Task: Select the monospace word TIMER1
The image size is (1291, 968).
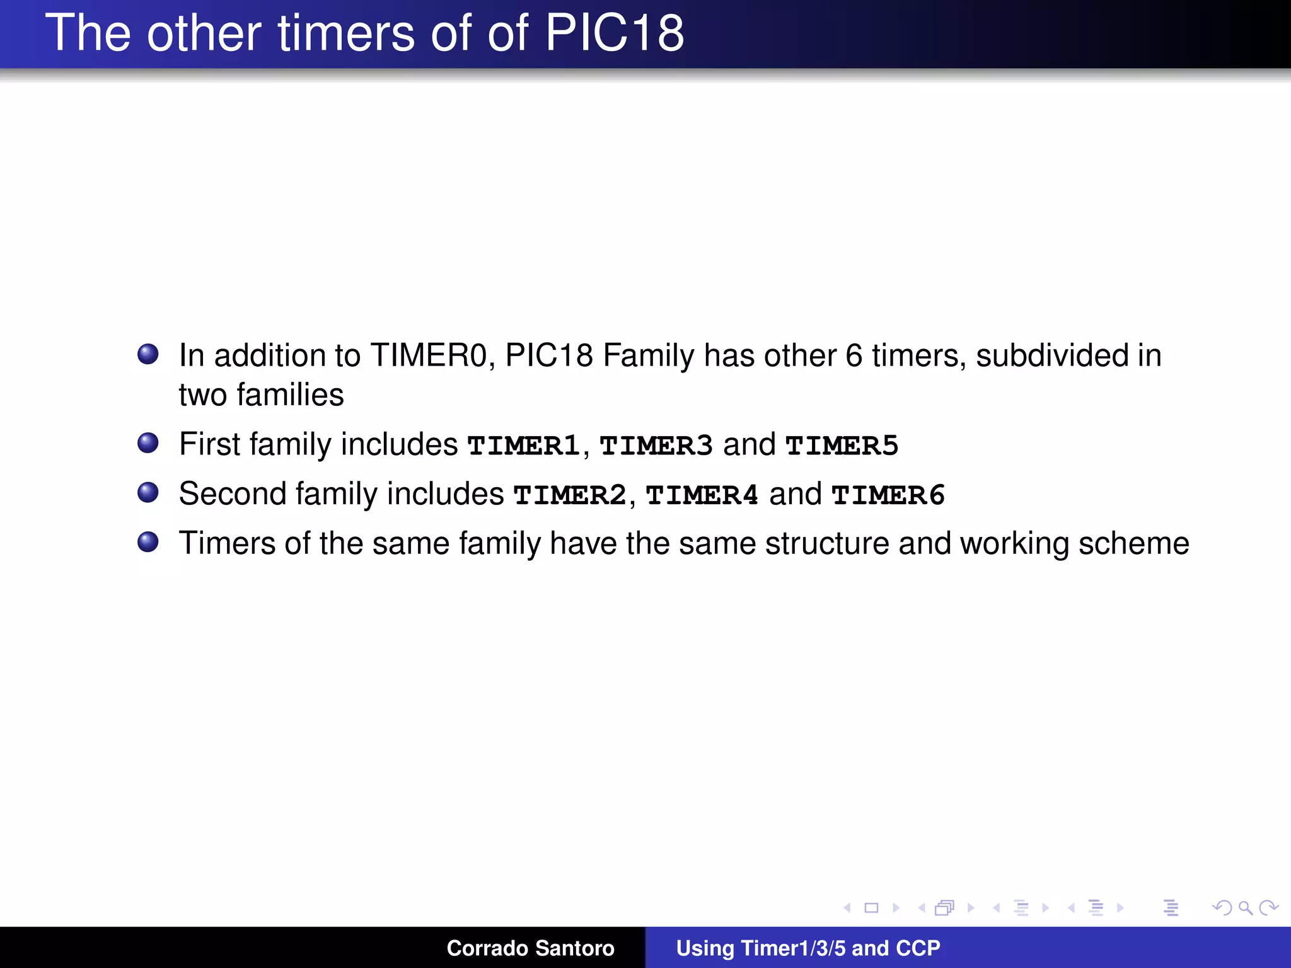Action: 523,446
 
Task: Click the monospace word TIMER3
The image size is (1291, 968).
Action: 656,446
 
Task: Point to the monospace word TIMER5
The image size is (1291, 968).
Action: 842,446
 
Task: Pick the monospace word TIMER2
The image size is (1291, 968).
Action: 570,495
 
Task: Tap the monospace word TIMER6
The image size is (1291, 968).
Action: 888,495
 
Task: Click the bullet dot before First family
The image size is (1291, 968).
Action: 148,443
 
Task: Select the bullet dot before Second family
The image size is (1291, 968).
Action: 148,492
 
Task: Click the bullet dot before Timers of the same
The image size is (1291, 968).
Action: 148,542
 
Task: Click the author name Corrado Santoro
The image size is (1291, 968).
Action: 530,948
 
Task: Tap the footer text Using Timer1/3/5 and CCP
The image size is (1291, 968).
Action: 808,948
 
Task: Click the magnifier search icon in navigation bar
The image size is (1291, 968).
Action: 1245,907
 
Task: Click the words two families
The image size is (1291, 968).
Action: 261,395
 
